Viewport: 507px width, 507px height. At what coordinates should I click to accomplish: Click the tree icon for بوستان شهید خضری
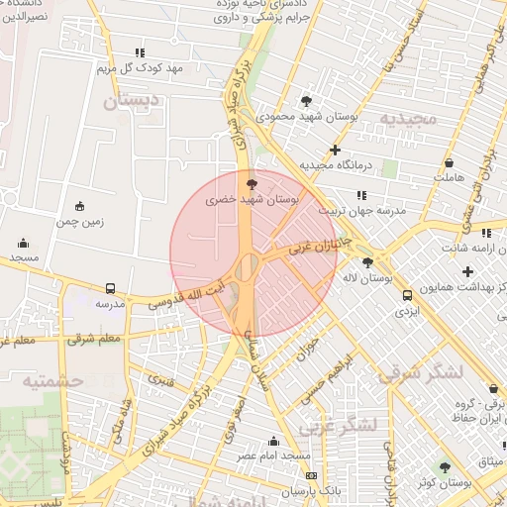[x=253, y=183]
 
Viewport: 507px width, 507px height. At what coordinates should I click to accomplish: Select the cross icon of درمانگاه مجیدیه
[x=336, y=150]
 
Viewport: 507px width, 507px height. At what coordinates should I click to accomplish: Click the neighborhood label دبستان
[x=132, y=100]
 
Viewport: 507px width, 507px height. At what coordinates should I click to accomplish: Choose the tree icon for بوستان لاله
[x=368, y=262]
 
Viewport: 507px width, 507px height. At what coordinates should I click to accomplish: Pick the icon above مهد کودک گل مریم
[x=140, y=52]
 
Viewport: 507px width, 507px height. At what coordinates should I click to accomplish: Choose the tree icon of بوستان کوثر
[x=445, y=466]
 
